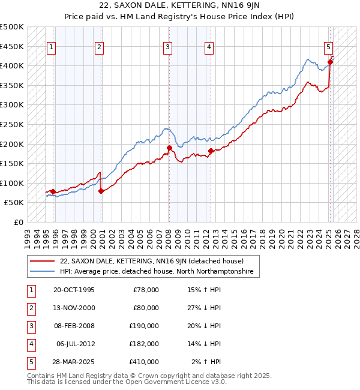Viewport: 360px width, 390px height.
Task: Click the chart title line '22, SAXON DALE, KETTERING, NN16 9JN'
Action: click(x=180, y=7)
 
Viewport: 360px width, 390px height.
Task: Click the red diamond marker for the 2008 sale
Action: click(x=170, y=148)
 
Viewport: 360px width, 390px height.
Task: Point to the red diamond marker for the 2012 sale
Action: click(x=211, y=151)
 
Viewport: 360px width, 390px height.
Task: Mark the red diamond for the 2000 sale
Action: click(x=101, y=191)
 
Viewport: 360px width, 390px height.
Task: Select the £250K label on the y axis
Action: click(x=12, y=125)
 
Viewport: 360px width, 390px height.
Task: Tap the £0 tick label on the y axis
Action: click(x=18, y=223)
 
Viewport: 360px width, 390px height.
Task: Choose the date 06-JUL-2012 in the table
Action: click(x=74, y=344)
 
